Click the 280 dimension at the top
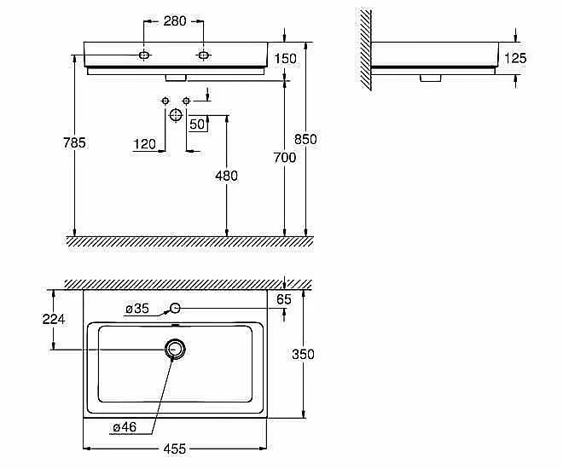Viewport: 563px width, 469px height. click(175, 21)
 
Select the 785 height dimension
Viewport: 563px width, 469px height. click(74, 142)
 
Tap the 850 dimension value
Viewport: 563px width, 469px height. click(305, 139)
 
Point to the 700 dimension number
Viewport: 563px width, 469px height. click(285, 158)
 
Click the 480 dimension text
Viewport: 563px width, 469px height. click(227, 176)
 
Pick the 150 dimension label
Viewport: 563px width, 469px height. click(286, 59)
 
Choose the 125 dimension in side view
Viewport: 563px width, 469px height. click(515, 58)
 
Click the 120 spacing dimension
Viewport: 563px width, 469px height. click(145, 144)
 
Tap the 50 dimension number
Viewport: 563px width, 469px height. click(197, 124)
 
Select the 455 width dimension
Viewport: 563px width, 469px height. click(175, 449)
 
